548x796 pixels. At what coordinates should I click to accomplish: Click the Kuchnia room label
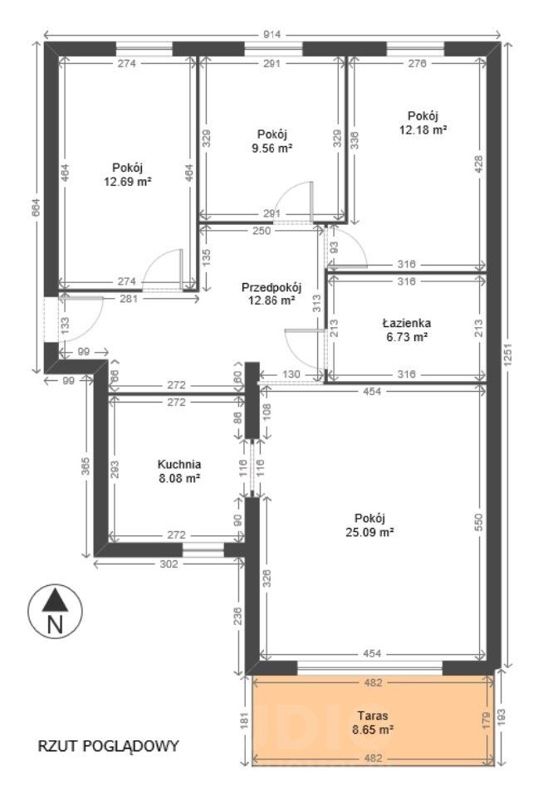pyautogui.click(x=179, y=464)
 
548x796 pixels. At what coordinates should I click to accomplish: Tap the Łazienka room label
pyautogui.click(x=406, y=323)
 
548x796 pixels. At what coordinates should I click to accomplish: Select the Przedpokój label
pyautogui.click(x=272, y=288)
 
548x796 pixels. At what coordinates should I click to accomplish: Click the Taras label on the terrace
pyautogui.click(x=373, y=715)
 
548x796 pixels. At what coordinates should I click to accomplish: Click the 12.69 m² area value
pyautogui.click(x=128, y=181)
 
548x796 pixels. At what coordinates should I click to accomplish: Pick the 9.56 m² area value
pyautogui.click(x=272, y=148)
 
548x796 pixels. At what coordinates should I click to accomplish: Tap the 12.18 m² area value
pyautogui.click(x=423, y=129)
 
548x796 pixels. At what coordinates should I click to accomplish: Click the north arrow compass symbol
pyautogui.click(x=55, y=611)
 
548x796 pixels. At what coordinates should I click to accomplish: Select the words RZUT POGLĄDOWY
pyautogui.click(x=109, y=745)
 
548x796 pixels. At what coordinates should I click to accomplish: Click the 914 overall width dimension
pyautogui.click(x=272, y=35)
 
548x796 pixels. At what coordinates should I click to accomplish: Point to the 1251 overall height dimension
pyautogui.click(x=509, y=354)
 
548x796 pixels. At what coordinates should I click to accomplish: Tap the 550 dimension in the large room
pyautogui.click(x=478, y=522)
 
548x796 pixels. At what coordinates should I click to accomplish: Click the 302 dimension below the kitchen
pyautogui.click(x=169, y=564)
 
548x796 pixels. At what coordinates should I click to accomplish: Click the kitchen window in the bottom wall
pyautogui.click(x=203, y=549)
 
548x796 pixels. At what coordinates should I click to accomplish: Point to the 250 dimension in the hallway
pyautogui.click(x=262, y=231)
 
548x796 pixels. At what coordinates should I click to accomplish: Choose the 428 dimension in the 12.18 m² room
pyautogui.click(x=478, y=164)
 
